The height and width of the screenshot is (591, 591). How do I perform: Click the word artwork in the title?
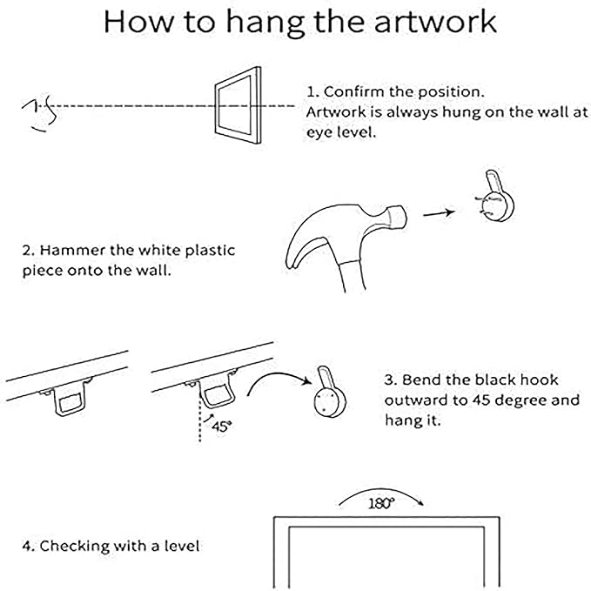pyautogui.click(x=435, y=23)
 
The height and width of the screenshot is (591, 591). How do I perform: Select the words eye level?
pyautogui.click(x=341, y=132)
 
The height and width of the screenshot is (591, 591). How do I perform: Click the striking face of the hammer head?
pyautogui.click(x=399, y=217)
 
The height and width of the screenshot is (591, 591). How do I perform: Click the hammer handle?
pyautogui.click(x=353, y=277)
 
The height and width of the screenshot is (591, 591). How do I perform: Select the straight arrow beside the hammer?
pyautogui.click(x=439, y=213)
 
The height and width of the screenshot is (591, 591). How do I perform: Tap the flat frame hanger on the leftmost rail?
pyautogui.click(x=70, y=398)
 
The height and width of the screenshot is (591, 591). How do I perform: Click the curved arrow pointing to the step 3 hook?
pyautogui.click(x=277, y=374)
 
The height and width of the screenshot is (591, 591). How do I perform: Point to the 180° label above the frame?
pyautogui.click(x=381, y=503)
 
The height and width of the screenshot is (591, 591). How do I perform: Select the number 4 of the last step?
pyautogui.click(x=26, y=546)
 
